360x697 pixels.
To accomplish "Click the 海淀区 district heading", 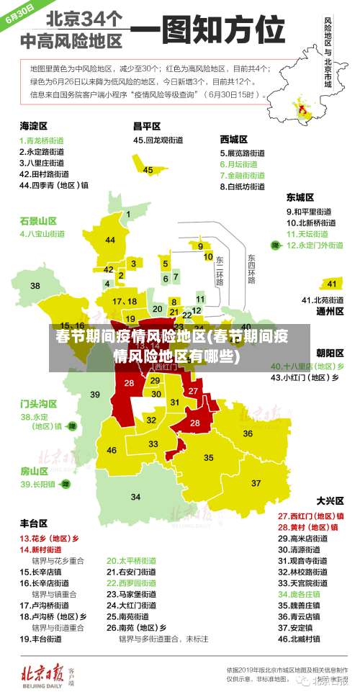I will pos(33,125).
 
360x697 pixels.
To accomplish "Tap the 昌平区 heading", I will pos(146,125).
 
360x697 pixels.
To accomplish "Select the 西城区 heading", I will pos(234,139).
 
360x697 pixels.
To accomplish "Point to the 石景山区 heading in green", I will pos(38,220).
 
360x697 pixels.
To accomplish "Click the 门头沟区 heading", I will pos(38,403).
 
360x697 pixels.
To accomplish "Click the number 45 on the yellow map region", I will pos(148,171).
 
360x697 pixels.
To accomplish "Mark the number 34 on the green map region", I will pos(135,497).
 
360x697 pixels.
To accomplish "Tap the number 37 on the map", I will pos(256,482).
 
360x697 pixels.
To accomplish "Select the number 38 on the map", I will pos(35,286).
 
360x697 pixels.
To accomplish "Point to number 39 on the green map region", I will pos(95,394).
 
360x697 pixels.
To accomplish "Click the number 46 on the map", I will pos(112,450).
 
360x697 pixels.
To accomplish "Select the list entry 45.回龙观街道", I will pos(160,140).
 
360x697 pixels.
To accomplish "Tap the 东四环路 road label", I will pos(251,268).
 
